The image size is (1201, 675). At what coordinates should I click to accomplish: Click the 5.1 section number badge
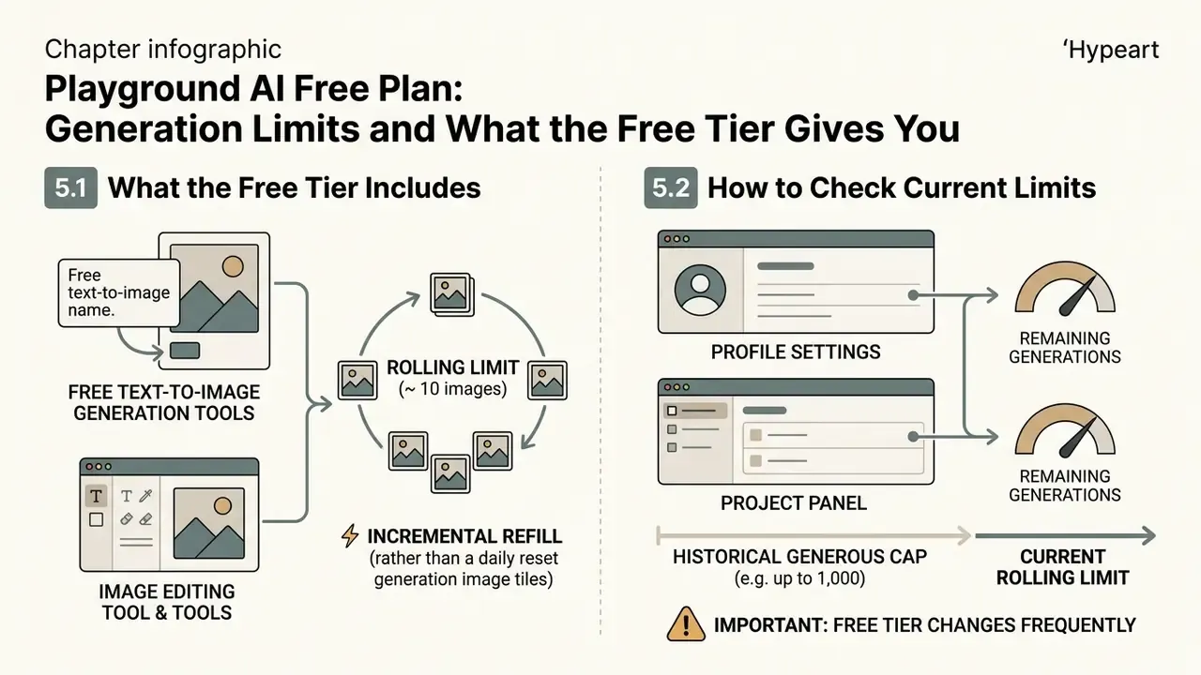(70, 187)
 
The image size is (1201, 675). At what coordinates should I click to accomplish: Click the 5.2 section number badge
(671, 187)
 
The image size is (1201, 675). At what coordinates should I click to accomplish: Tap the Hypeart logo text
(1110, 50)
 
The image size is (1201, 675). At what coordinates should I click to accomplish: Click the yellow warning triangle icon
(686, 624)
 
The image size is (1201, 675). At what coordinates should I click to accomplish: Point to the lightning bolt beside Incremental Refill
(350, 535)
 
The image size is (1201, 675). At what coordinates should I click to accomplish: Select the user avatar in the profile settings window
(700, 290)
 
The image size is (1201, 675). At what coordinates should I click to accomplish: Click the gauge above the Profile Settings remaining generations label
(1065, 290)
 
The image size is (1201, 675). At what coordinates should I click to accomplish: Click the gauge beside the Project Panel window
(1065, 431)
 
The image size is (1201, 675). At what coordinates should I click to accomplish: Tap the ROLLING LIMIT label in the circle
(453, 367)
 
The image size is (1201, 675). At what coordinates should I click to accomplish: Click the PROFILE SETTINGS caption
(796, 352)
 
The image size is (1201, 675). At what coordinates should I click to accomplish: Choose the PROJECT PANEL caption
(794, 503)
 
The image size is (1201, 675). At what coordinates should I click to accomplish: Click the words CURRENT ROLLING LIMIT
(1063, 567)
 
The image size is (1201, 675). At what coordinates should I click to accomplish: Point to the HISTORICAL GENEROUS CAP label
(800, 557)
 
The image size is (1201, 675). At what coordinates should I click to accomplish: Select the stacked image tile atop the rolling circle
(452, 294)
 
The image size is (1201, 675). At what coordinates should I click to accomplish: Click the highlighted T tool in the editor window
(96, 496)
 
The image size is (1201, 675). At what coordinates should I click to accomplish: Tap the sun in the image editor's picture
(222, 505)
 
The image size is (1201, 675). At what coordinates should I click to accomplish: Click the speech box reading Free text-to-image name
(119, 292)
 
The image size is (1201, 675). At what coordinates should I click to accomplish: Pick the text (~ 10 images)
(452, 389)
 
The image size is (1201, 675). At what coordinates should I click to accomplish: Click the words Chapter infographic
(163, 50)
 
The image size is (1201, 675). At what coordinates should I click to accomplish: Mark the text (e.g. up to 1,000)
(800, 578)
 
